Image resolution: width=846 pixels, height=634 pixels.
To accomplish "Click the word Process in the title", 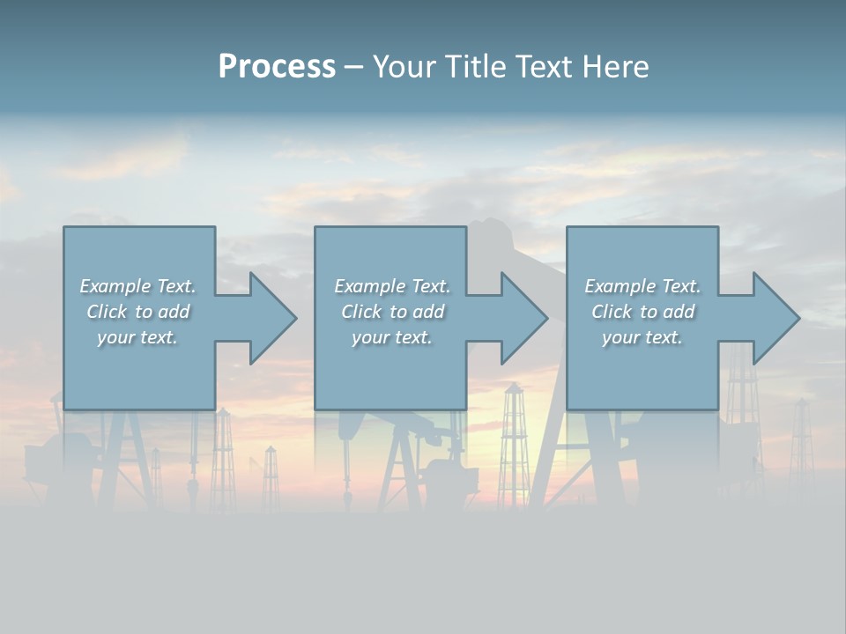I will click(277, 67).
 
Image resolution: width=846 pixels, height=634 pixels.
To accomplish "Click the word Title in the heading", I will click(476, 67).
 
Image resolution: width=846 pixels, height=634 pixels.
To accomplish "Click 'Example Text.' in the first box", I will click(137, 286).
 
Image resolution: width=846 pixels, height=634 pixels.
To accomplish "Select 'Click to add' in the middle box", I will click(392, 312).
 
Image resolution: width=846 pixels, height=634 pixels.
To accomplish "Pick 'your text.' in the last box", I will click(642, 337).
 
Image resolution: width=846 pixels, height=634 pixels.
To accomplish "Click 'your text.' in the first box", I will click(137, 337).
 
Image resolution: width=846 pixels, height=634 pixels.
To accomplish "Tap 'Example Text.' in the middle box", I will click(392, 286).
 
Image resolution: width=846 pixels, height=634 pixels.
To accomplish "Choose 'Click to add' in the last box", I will click(642, 312).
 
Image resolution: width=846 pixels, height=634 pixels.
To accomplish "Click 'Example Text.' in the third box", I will click(642, 286).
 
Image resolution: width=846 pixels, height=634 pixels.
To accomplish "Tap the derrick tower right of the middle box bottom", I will click(512, 440).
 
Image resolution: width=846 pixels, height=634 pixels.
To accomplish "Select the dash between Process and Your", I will click(353, 67).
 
